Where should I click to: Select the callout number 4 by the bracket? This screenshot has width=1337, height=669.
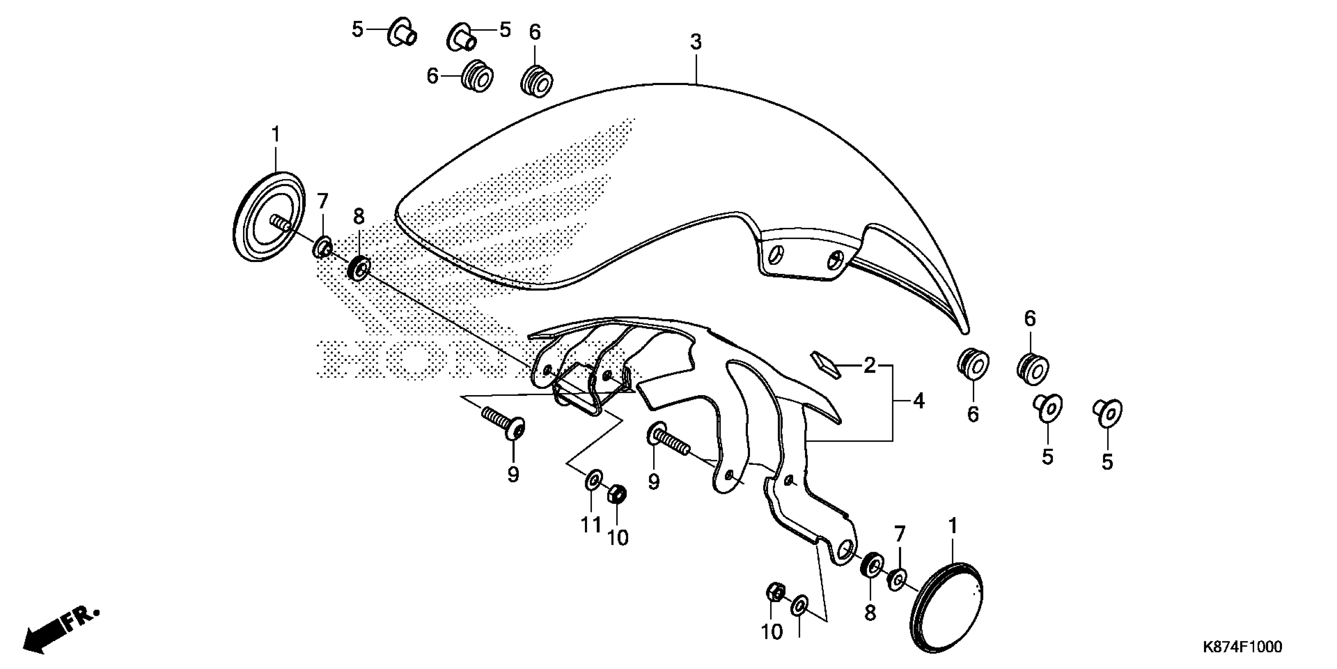919,401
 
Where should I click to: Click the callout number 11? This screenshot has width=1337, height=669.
591,525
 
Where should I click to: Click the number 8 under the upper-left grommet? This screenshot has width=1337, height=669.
359,216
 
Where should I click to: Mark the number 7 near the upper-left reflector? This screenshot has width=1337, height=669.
323,200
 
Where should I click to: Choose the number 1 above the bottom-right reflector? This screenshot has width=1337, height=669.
952,526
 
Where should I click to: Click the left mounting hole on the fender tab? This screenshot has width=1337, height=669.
774,255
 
